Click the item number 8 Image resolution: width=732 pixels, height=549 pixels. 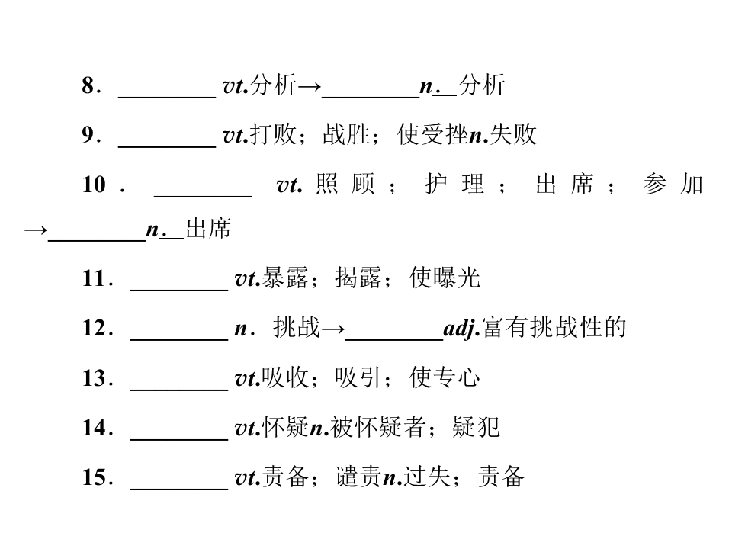[88, 85]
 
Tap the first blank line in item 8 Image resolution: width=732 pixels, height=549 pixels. [167, 97]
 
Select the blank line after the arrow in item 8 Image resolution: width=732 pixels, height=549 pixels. [371, 97]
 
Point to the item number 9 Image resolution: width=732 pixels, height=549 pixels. [88, 135]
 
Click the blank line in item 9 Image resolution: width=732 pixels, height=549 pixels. [167, 146]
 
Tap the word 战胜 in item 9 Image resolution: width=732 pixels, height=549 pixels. [346, 134]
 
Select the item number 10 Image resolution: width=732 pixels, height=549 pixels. [94, 184]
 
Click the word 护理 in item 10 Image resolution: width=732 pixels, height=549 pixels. [454, 184]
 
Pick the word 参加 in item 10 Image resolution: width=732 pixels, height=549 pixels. [673, 184]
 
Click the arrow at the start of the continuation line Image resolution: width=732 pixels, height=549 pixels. [36, 230]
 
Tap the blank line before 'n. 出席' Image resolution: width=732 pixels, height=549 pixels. [97, 240]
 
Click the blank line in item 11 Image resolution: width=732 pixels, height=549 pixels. [179, 290]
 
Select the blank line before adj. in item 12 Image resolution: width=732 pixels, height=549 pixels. [394, 339]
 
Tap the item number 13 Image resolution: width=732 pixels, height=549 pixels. [95, 377]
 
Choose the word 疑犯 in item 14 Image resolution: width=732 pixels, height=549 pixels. [476, 427]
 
